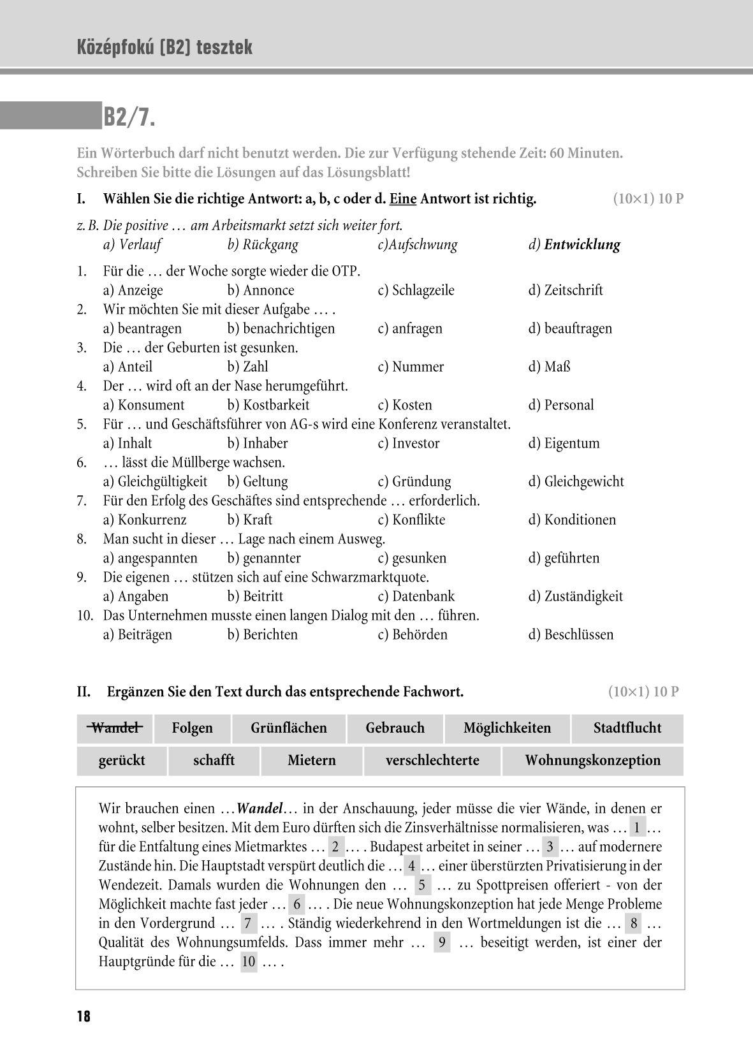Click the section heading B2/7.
(129, 117)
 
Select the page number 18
(84, 1016)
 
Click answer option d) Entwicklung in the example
(574, 245)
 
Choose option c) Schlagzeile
(416, 291)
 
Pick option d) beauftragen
(570, 329)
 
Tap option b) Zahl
(248, 367)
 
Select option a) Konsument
(143, 406)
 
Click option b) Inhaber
(258, 444)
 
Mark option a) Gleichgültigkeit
(155, 482)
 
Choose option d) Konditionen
(572, 520)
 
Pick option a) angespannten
(150, 559)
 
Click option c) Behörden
(413, 635)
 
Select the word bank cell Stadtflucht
(627, 728)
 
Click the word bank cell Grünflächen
(289, 728)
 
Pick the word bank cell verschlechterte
(432, 761)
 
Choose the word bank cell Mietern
(312, 761)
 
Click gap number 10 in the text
(249, 962)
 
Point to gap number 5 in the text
(421, 885)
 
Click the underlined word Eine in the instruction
(403, 199)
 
